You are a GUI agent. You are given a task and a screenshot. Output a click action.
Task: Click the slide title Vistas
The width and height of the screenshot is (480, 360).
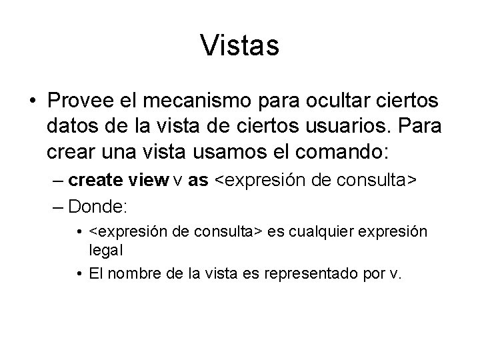coord(239,45)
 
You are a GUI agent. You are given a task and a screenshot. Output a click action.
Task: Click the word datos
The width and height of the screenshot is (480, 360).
coord(71,125)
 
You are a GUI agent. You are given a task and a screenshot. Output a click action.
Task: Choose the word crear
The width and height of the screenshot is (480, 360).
coord(70,149)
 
